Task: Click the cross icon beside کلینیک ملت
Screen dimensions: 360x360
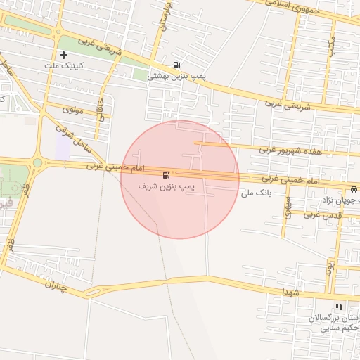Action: (x=64, y=55)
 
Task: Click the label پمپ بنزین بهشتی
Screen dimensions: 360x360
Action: (x=176, y=79)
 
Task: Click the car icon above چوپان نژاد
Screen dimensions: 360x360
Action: (x=353, y=190)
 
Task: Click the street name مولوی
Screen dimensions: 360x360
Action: (x=73, y=110)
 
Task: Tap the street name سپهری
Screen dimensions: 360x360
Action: (x=288, y=206)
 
